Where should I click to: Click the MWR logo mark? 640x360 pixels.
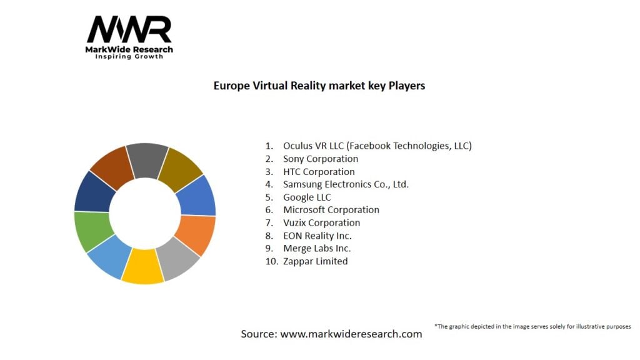click(129, 30)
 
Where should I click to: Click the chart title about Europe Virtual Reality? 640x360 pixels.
click(319, 86)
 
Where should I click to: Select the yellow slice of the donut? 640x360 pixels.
click(142, 267)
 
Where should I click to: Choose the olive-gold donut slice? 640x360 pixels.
click(181, 167)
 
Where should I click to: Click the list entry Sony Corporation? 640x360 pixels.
click(321, 159)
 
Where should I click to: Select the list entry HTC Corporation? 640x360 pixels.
click(319, 171)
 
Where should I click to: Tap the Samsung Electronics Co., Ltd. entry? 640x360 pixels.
click(346, 184)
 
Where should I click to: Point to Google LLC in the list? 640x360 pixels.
click(307, 197)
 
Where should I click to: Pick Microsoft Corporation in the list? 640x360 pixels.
click(331, 210)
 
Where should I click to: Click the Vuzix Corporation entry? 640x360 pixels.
click(321, 222)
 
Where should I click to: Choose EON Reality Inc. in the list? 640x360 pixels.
click(317, 236)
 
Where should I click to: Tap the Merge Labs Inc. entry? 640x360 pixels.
click(317, 248)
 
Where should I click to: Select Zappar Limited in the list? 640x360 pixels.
click(315, 261)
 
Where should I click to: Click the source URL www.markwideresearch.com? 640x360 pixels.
click(351, 334)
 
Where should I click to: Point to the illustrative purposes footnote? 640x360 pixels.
click(532, 326)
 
